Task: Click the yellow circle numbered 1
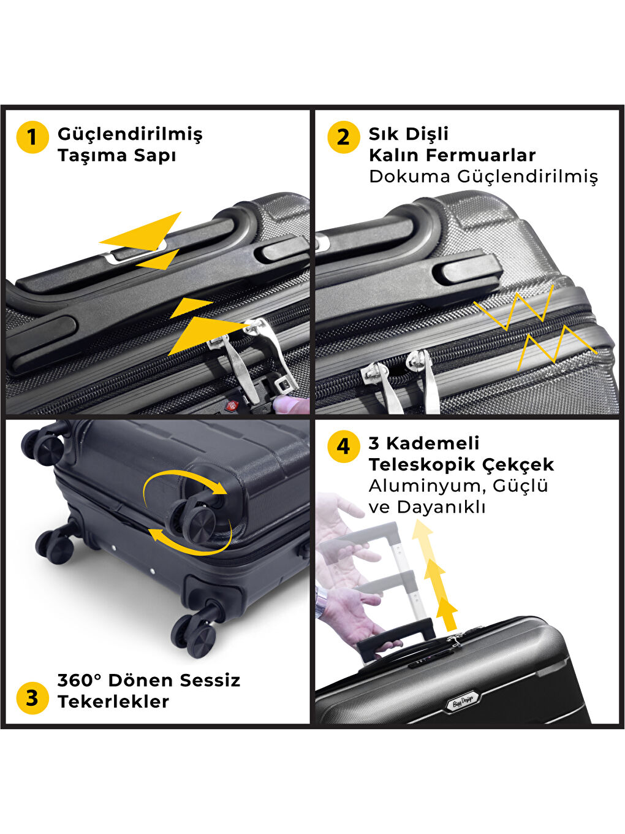[x=32, y=137]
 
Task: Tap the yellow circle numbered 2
[x=343, y=137]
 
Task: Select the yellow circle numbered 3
[x=32, y=698]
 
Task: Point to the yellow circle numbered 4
[x=343, y=446]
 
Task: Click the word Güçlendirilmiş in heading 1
[x=130, y=134]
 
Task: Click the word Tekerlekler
[x=113, y=702]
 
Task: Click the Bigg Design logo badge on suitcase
[x=463, y=703]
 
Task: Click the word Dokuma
[x=410, y=176]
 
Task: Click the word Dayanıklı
[x=441, y=508]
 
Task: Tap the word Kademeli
[x=433, y=443]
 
